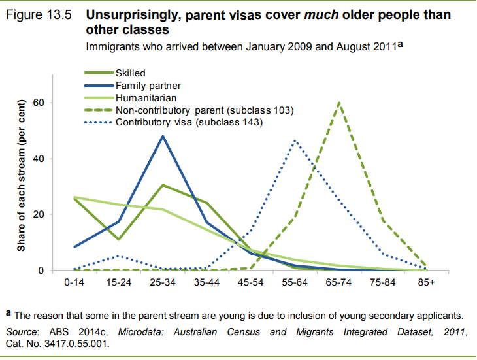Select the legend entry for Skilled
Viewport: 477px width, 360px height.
tap(130, 73)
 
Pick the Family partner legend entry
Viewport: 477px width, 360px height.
tap(148, 85)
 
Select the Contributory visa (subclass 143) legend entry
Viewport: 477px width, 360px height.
tap(189, 122)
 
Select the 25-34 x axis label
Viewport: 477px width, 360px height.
tap(162, 284)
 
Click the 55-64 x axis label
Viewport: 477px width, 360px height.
tap(295, 284)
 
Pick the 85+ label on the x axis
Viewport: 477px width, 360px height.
tap(426, 284)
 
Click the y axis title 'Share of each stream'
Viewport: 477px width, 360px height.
tap(21, 176)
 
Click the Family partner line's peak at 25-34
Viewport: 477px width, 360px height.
tap(162, 136)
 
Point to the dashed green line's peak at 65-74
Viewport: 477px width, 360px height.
tap(339, 102)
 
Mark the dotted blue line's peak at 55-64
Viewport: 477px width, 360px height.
tap(295, 140)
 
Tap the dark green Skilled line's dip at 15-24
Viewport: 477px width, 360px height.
tap(119, 239)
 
